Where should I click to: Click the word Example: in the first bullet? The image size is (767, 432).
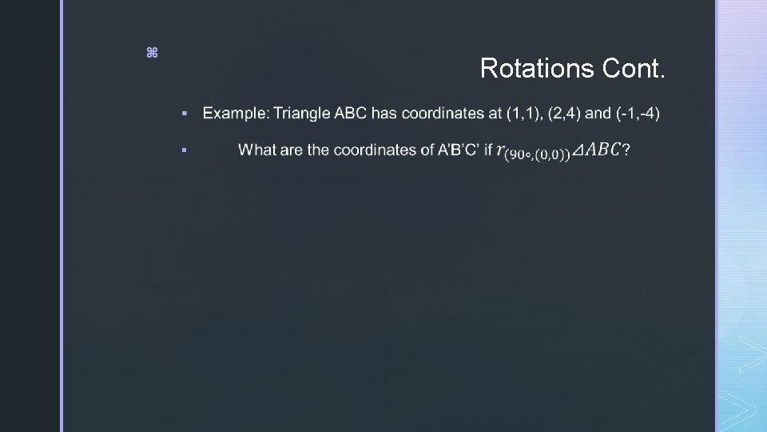236,114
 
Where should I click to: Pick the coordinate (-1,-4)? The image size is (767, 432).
638,114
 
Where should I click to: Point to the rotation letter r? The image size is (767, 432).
500,149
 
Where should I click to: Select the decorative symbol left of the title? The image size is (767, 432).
152,53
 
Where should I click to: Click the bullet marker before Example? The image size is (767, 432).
184,114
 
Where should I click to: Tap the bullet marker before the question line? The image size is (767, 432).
184,150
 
